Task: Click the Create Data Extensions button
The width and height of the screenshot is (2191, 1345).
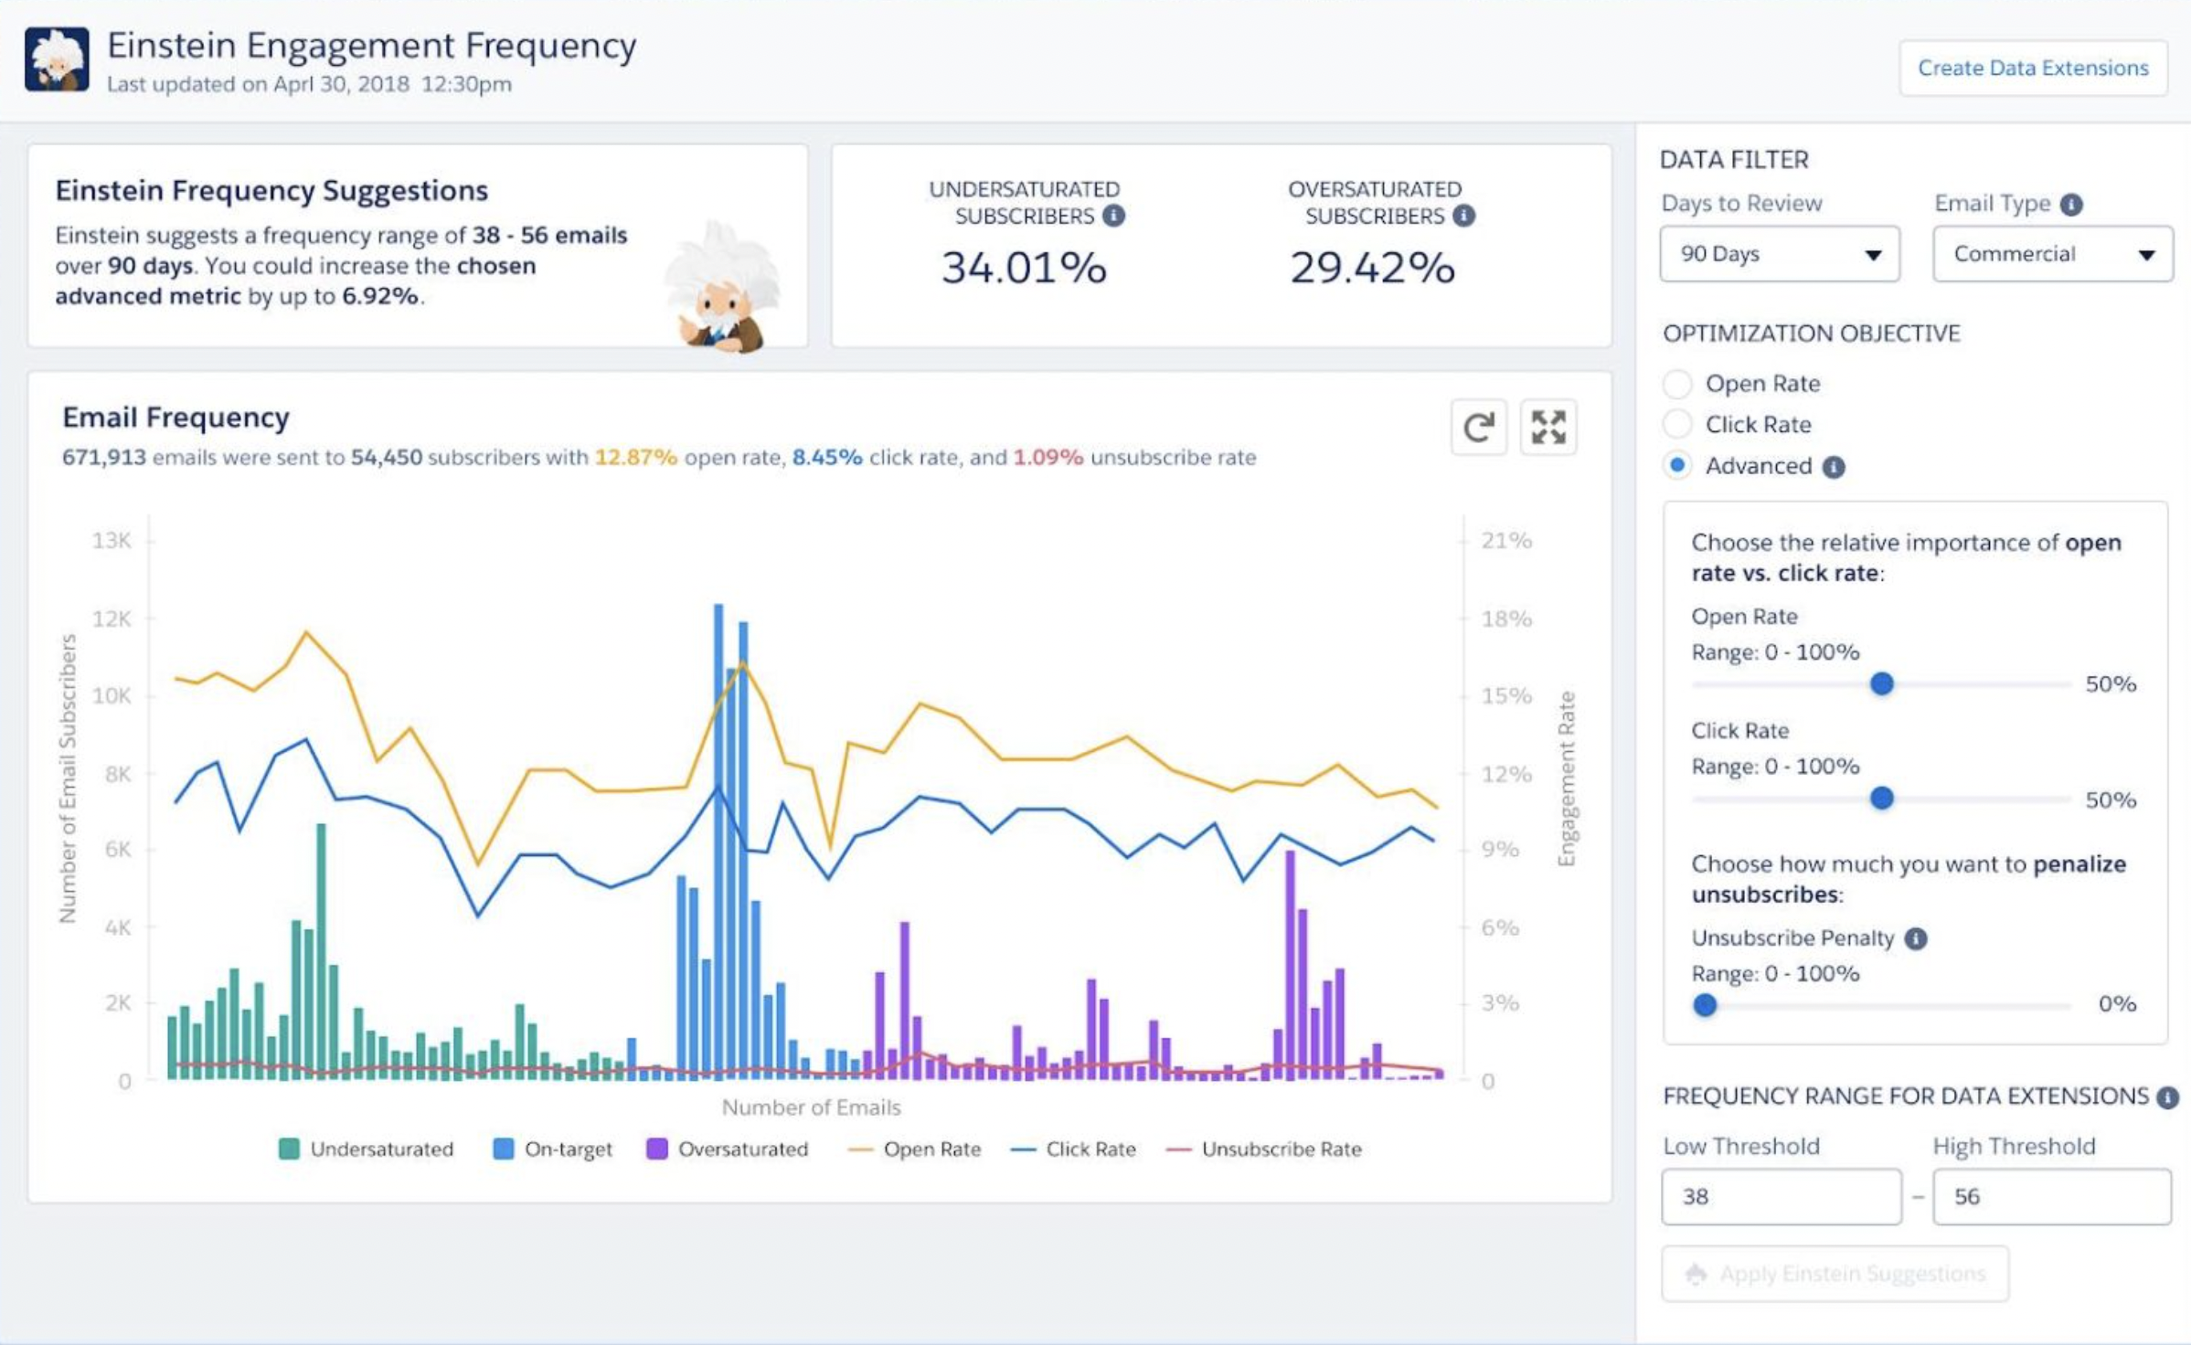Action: (x=2033, y=68)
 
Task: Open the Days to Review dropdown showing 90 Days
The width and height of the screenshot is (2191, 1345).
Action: (x=1780, y=254)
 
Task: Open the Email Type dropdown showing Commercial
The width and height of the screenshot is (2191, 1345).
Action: (x=2052, y=254)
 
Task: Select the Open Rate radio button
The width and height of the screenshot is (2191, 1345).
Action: (x=1677, y=384)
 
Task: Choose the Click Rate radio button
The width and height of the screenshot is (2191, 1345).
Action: (x=1677, y=424)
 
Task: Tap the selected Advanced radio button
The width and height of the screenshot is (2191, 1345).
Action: (x=1677, y=465)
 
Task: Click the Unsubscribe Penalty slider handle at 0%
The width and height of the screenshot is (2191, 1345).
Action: (x=1705, y=1005)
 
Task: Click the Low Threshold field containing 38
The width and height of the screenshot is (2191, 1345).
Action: (x=1781, y=1196)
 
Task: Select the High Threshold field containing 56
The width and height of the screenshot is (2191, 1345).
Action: (x=2052, y=1196)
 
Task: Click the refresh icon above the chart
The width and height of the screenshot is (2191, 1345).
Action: (x=1479, y=427)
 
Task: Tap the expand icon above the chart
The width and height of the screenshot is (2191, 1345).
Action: (x=1548, y=427)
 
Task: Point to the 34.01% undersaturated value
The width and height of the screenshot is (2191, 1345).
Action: (x=1024, y=268)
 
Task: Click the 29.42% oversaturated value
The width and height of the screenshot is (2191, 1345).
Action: (x=1372, y=268)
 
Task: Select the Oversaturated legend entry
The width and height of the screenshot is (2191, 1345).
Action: (x=728, y=1149)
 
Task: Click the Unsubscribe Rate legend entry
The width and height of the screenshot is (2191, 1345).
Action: (x=1264, y=1149)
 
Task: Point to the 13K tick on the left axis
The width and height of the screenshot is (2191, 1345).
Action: (x=112, y=541)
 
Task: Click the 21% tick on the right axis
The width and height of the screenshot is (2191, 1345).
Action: (x=1506, y=541)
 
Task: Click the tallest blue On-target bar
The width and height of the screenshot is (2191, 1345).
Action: (x=718, y=841)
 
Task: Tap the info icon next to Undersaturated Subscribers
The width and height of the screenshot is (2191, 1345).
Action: (x=1113, y=216)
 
